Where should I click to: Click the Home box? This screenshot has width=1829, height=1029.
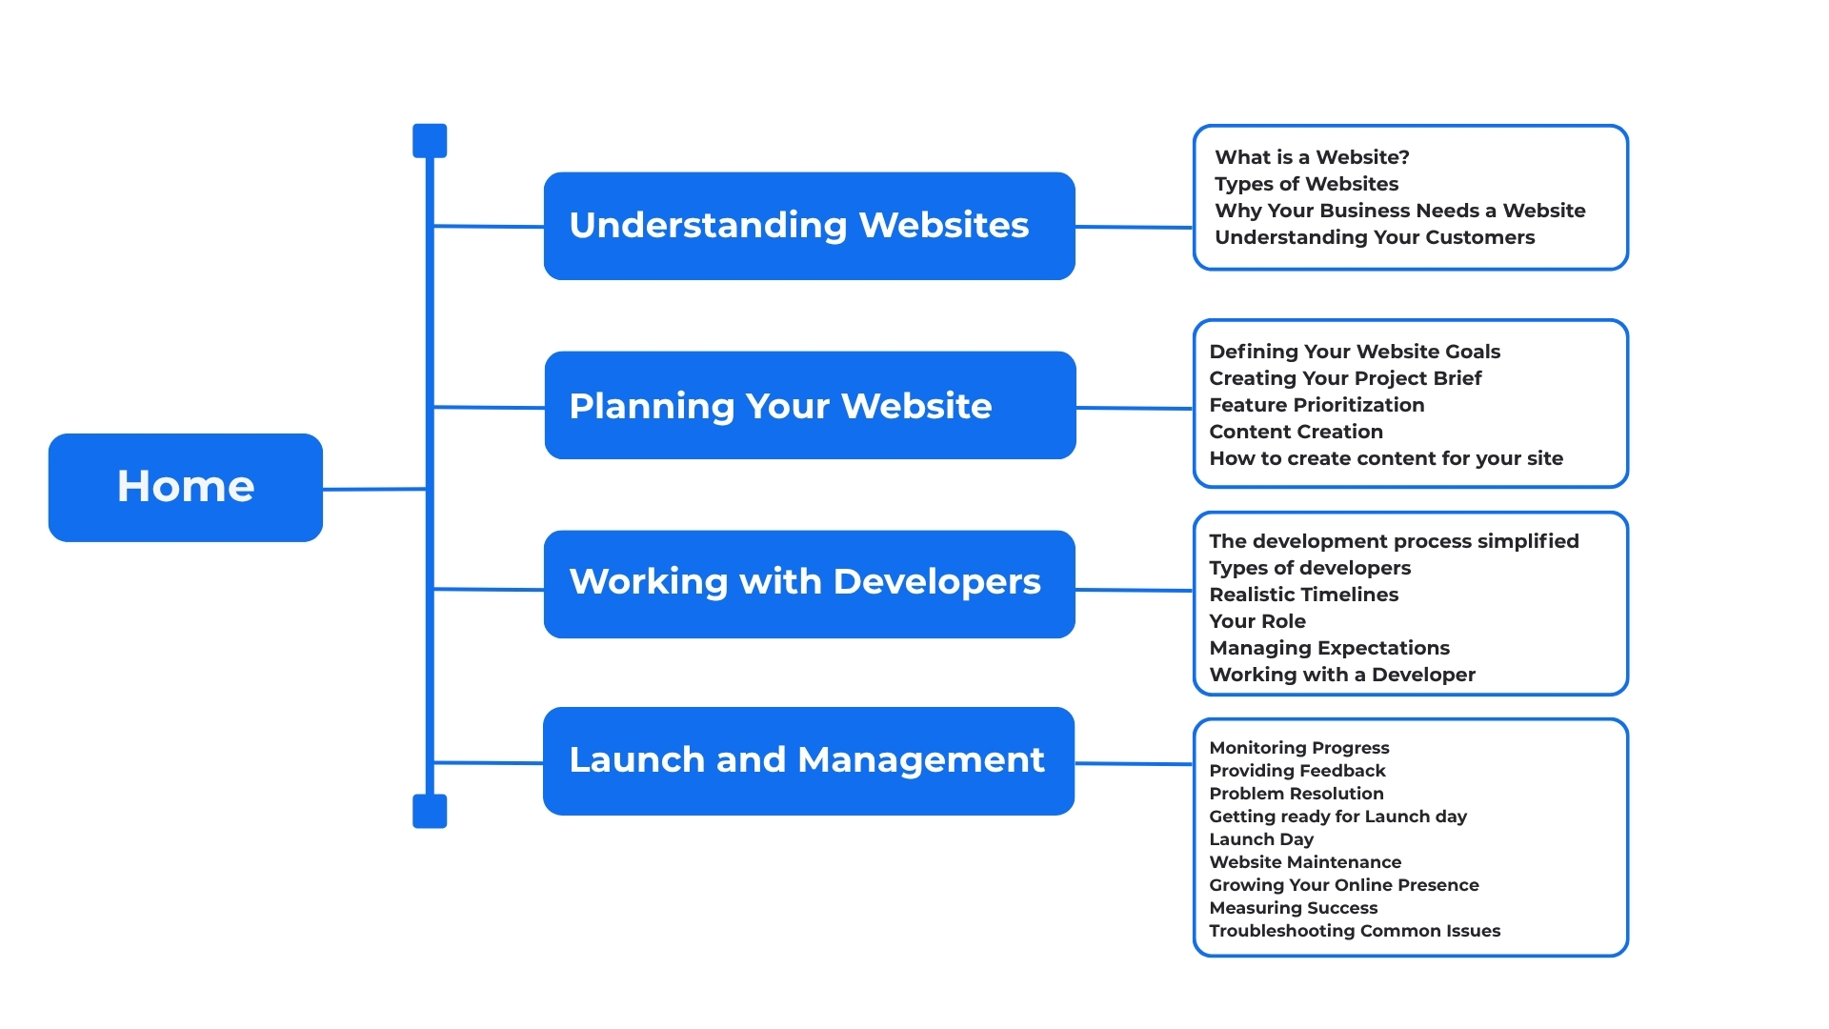pyautogui.click(x=186, y=487)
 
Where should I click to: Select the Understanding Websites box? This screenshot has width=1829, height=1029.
pyautogui.click(x=809, y=226)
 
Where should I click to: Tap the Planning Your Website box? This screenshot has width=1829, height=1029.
pyautogui.click(x=810, y=405)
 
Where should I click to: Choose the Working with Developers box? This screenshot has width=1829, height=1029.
pyautogui.click(x=809, y=583)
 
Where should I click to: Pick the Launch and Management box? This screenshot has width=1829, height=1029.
pyautogui.click(x=808, y=760)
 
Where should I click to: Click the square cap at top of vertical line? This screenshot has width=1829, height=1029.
pyautogui.click(x=430, y=141)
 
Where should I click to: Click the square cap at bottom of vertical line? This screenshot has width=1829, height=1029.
pyautogui.click(x=430, y=811)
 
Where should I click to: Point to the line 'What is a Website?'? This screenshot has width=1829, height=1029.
pyautogui.click(x=1312, y=157)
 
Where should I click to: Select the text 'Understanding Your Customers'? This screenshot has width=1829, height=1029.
pyautogui.click(x=1375, y=237)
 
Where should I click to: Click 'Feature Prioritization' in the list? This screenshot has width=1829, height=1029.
pyautogui.click(x=1316, y=405)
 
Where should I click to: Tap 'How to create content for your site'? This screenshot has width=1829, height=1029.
pyautogui.click(x=1386, y=458)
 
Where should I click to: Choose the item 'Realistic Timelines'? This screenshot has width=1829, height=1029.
pyautogui.click(x=1303, y=595)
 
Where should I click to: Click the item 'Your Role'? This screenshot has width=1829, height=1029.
pyautogui.click(x=1257, y=621)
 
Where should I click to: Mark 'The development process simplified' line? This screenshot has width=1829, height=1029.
pyautogui.click(x=1394, y=541)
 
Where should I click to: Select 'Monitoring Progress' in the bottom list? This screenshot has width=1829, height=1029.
pyautogui.click(x=1299, y=748)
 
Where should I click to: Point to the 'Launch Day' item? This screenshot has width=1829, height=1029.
pyautogui.click(x=1261, y=839)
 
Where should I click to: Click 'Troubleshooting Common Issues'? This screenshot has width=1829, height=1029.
pyautogui.click(x=1355, y=931)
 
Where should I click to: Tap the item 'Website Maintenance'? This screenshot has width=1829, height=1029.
pyautogui.click(x=1305, y=862)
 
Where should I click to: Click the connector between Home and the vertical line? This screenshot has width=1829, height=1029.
pyautogui.click(x=373, y=489)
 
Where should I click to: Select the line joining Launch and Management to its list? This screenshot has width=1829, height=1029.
pyautogui.click(x=1134, y=763)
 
